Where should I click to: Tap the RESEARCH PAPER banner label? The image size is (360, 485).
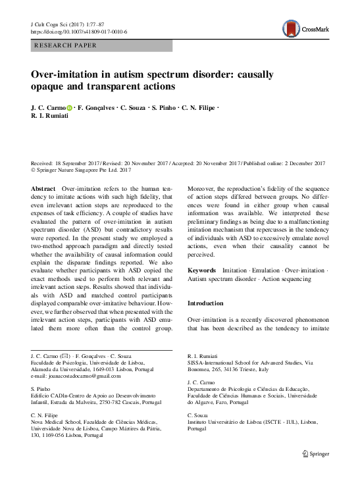point(65,45)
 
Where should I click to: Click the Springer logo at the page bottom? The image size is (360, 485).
point(318,471)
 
